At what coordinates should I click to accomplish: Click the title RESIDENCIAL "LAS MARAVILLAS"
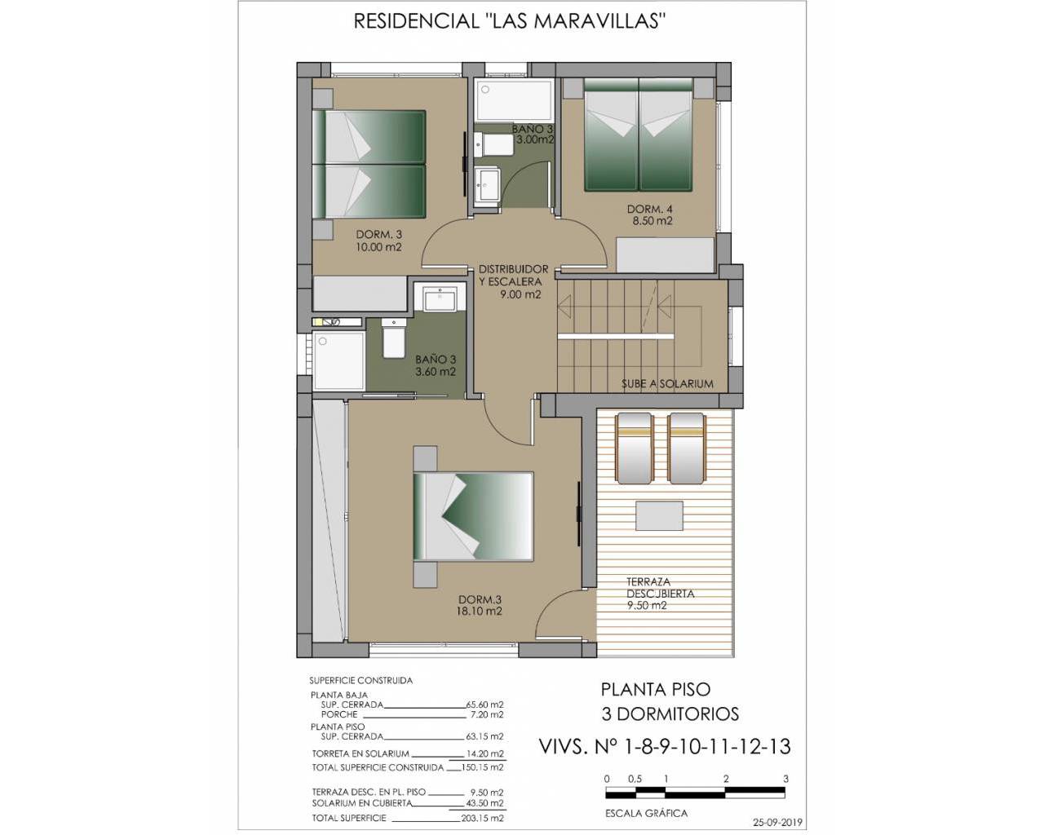[x=510, y=21]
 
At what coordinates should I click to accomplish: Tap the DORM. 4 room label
[x=649, y=209]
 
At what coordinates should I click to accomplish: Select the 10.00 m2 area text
[x=378, y=247]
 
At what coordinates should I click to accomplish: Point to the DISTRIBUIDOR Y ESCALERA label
[x=513, y=276]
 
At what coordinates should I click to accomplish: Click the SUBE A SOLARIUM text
[x=667, y=384]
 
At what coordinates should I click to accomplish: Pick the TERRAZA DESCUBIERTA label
[x=661, y=588]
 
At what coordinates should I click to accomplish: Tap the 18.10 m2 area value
[x=479, y=612]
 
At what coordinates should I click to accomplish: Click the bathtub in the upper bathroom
[x=514, y=100]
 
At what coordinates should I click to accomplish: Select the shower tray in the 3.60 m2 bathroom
[x=338, y=360]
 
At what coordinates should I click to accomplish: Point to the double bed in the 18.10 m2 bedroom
[x=473, y=516]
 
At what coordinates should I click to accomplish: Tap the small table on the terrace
[x=659, y=515]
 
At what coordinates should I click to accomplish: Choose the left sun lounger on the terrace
[x=634, y=448]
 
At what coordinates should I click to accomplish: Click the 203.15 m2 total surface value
[x=482, y=818]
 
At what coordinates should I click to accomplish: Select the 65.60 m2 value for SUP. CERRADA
[x=484, y=705]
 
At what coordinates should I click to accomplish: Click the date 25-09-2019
[x=777, y=823]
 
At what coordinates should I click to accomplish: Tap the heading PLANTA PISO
[x=656, y=689]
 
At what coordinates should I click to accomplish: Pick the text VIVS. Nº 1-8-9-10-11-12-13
[x=665, y=746]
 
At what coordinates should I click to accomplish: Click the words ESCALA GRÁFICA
[x=646, y=813]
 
